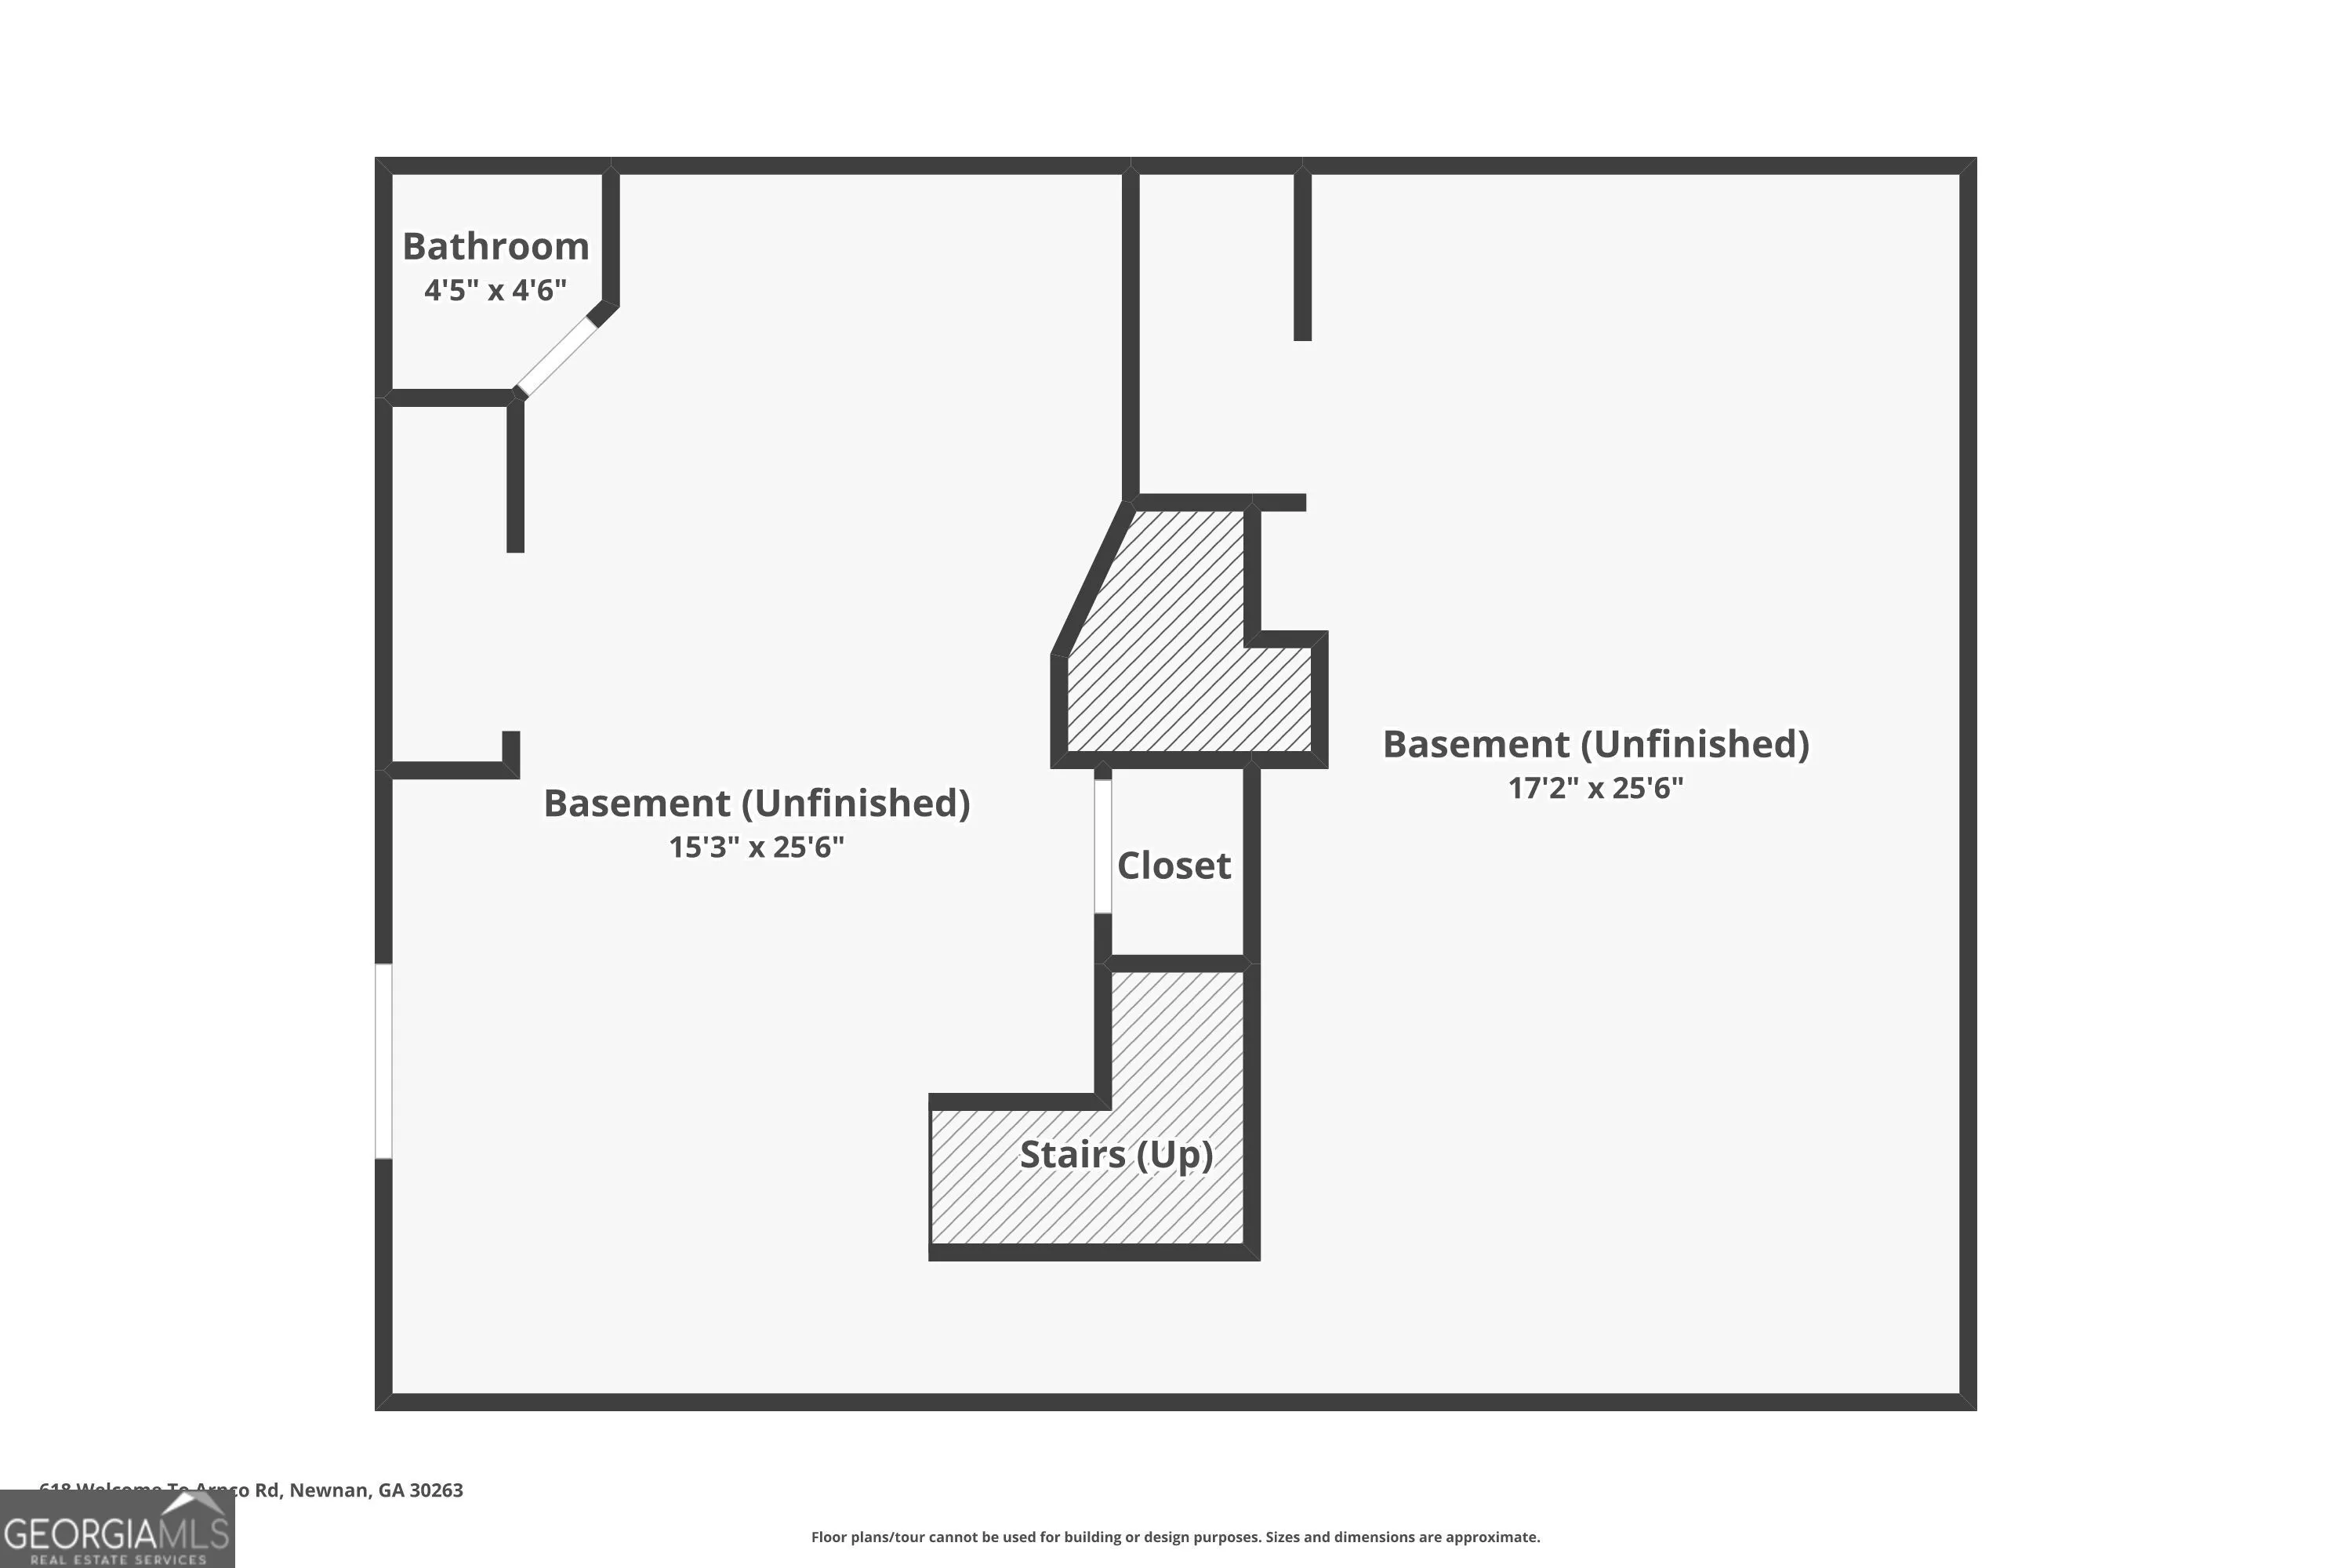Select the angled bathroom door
click(557, 357)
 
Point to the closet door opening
click(1102, 846)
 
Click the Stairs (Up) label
click(1116, 1155)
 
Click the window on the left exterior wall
click(383, 1061)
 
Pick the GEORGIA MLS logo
click(117, 1530)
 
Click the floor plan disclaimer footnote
click(1175, 1537)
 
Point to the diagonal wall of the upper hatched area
click(1093, 580)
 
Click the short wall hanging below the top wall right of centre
click(1302, 255)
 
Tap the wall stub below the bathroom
click(515, 475)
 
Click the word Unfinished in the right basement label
click(1700, 744)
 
